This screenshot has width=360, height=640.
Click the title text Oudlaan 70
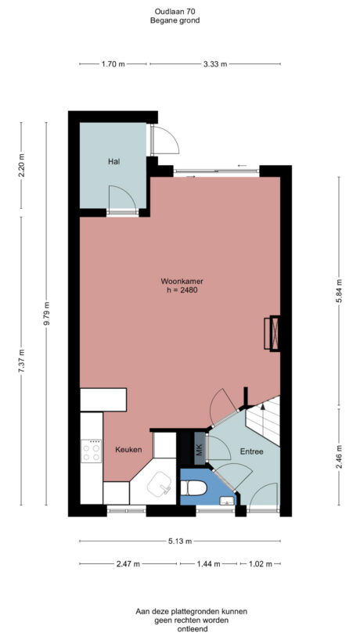(x=175, y=11)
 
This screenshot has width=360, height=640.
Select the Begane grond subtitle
(x=175, y=20)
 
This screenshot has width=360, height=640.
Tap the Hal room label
(x=113, y=162)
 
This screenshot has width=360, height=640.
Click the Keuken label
(x=128, y=450)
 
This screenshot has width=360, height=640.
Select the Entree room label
(x=251, y=451)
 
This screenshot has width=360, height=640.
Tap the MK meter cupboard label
(x=199, y=450)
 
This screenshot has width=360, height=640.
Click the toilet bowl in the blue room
(x=193, y=490)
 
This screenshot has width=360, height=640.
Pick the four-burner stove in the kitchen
(x=92, y=451)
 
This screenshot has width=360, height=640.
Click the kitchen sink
(x=164, y=487)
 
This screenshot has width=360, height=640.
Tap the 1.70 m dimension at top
(x=113, y=64)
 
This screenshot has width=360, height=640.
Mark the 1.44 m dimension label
(x=208, y=563)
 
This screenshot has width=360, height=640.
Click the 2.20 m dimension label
(x=22, y=166)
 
